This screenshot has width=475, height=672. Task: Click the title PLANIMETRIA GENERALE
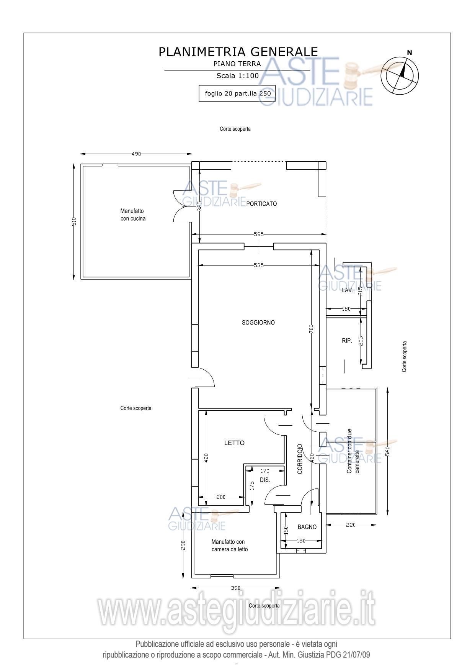point(238,52)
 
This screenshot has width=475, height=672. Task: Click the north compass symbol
point(402,74)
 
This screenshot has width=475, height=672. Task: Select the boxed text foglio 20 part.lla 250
point(237,93)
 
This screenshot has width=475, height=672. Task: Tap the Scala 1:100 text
point(237,75)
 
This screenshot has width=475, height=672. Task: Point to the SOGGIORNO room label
point(258,323)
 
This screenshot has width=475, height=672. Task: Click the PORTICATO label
point(261,204)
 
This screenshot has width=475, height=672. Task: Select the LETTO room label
point(234,443)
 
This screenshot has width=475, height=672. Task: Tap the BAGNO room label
point(307,527)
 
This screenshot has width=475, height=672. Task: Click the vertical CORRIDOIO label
point(300,459)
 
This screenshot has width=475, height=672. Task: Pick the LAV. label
point(348,290)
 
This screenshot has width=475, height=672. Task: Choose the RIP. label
point(347,341)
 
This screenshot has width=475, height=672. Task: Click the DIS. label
point(265,480)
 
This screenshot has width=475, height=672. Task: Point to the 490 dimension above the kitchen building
point(136,154)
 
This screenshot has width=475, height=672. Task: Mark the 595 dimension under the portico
point(259,234)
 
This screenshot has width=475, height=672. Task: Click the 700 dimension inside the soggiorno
point(311,329)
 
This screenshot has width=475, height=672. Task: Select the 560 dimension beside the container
point(387,451)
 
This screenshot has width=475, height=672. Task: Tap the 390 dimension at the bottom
point(236,588)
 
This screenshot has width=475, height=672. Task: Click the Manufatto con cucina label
point(133,215)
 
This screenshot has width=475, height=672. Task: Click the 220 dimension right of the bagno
point(351,525)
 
